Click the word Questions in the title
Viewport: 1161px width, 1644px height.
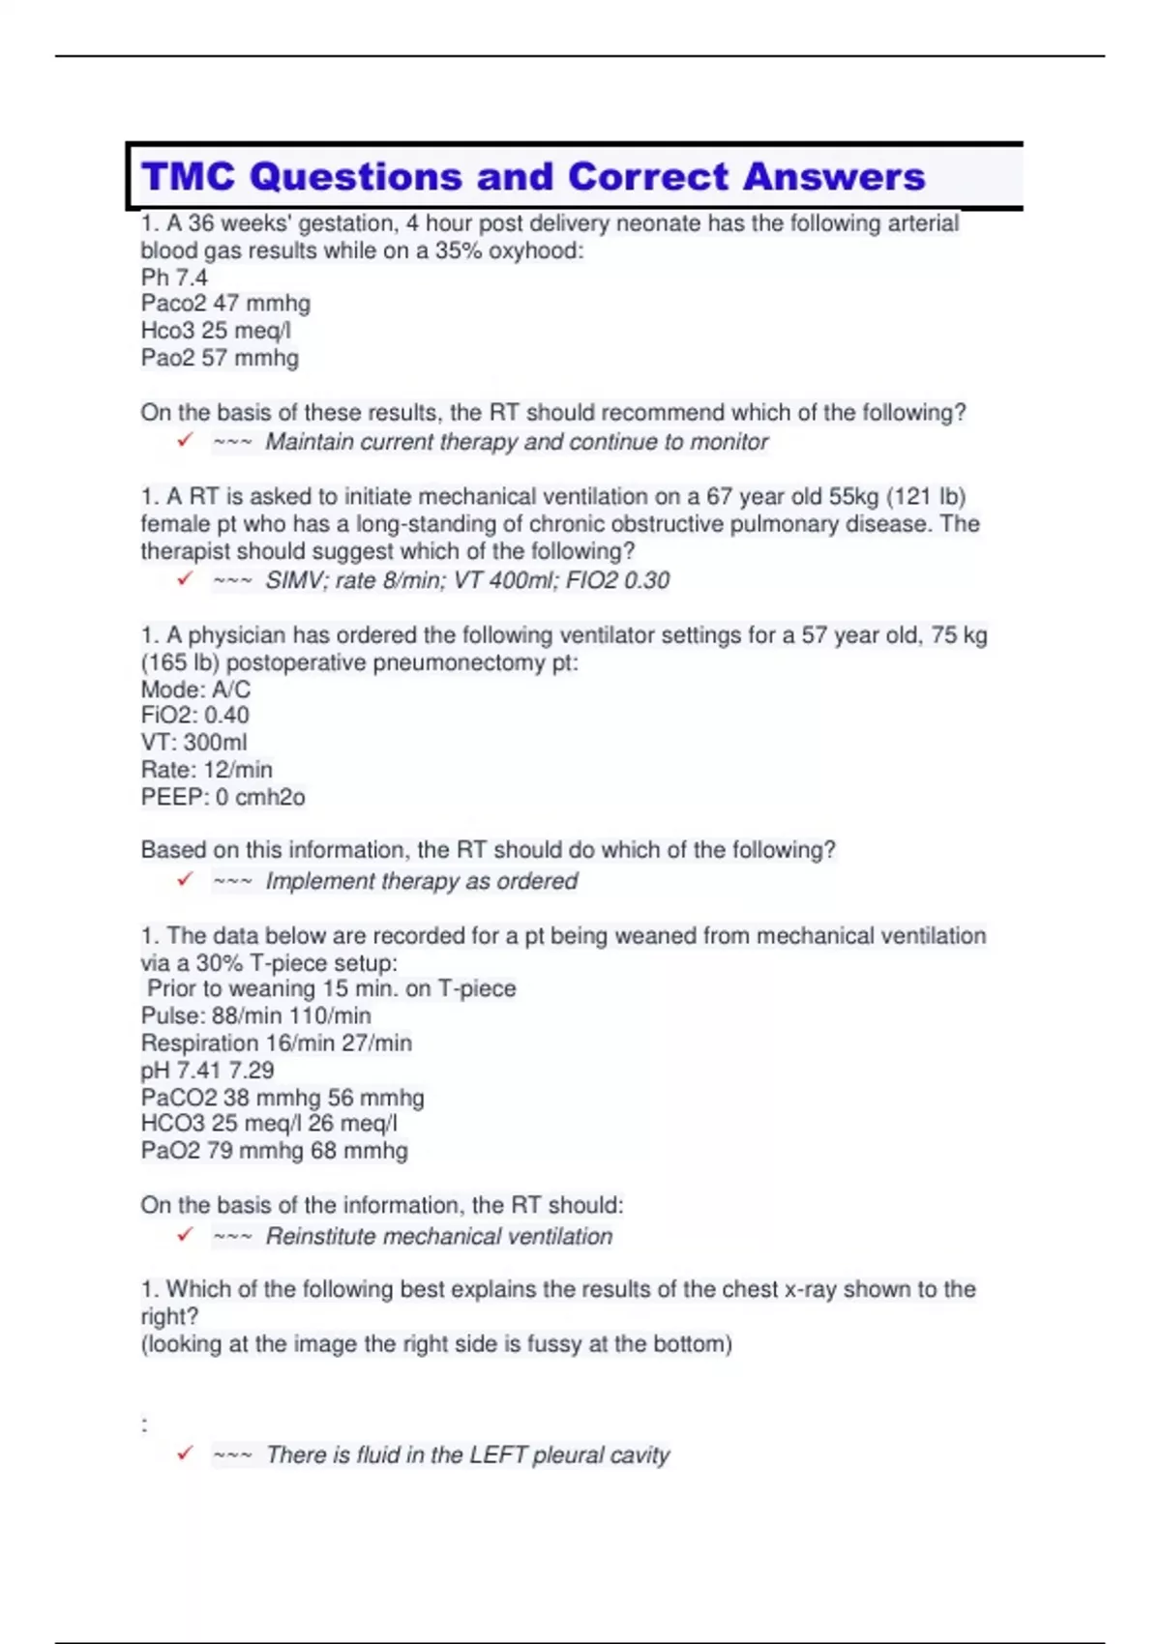pos(356,177)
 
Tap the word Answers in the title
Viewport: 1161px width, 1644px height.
pos(834,177)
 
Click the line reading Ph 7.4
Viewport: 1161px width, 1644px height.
pos(174,278)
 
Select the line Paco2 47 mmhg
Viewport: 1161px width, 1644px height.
pos(225,304)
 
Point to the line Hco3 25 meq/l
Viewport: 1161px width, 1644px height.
pos(216,331)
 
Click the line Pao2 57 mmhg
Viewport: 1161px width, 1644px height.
pos(220,358)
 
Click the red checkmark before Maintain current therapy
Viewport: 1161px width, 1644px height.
pos(185,441)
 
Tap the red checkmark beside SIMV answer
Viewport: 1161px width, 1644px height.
pos(185,579)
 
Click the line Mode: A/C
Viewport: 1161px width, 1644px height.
pos(195,690)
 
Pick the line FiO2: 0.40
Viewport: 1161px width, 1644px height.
pos(194,716)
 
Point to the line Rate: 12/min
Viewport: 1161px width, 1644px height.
pos(206,770)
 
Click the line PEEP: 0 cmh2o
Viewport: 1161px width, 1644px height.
pos(223,797)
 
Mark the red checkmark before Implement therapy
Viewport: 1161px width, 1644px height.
pos(185,880)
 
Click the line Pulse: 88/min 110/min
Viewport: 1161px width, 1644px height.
pos(255,1016)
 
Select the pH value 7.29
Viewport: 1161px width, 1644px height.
pos(252,1071)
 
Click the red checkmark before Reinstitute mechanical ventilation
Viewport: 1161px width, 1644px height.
pos(185,1235)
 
